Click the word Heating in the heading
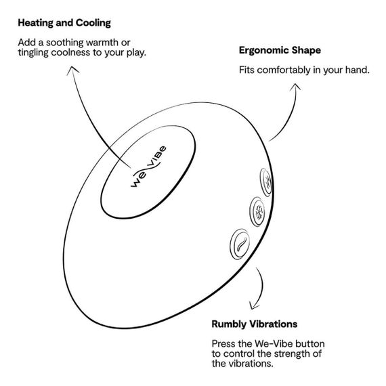[36, 23]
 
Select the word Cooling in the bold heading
[93, 23]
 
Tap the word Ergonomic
[263, 51]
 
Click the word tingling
[33, 53]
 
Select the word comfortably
[284, 70]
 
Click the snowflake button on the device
[258, 212]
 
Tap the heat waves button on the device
[266, 182]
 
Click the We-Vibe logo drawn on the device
[148, 167]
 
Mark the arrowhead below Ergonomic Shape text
[295, 87]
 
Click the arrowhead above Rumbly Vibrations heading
[253, 305]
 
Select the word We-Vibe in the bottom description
[274, 343]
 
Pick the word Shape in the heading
[306, 51]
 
